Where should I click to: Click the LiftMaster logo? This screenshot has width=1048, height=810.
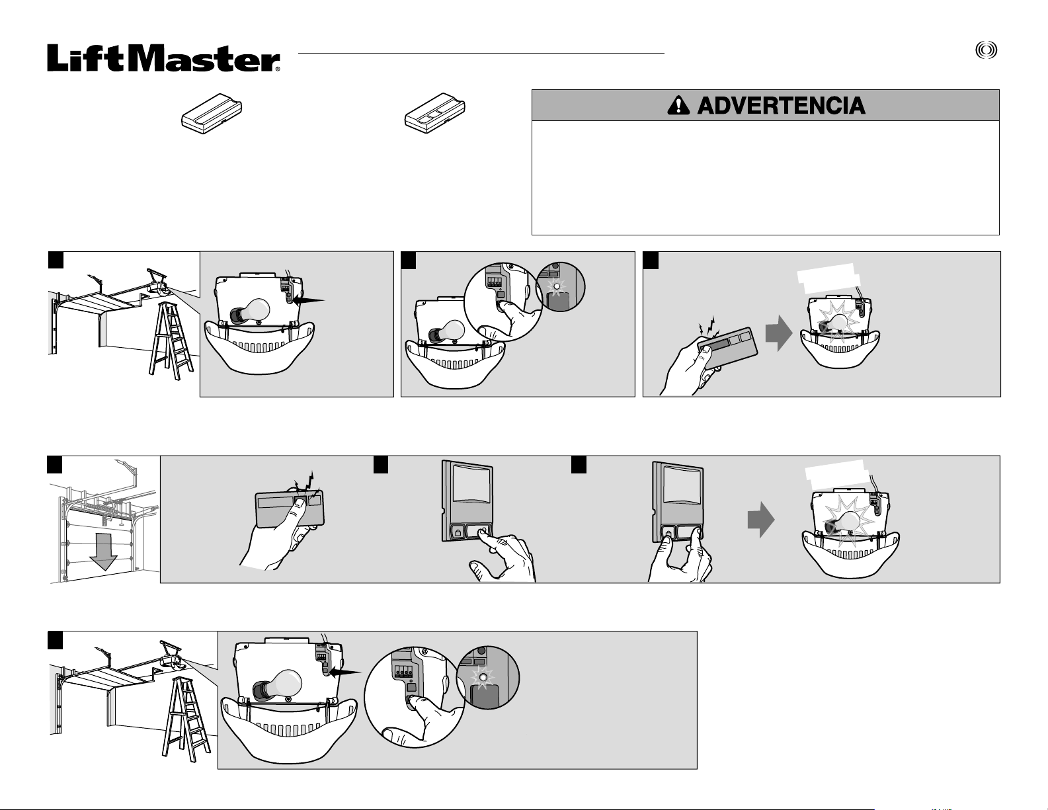(x=163, y=58)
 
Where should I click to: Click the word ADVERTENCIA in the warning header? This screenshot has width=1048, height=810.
(x=782, y=106)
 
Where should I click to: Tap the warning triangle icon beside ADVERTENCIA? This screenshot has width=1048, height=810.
(x=678, y=105)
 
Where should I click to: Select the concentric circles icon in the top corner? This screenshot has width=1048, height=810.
(x=987, y=51)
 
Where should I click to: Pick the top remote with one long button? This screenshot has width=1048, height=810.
(x=212, y=113)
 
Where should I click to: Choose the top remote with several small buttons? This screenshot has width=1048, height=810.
(x=434, y=114)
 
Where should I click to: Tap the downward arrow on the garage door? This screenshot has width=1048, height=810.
(x=103, y=551)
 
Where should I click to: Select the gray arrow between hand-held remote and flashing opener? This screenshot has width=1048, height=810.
(x=779, y=333)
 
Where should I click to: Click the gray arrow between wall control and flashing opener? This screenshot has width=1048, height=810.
(x=761, y=520)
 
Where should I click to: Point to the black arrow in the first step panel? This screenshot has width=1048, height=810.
(x=309, y=300)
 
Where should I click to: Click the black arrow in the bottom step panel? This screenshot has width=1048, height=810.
(x=345, y=672)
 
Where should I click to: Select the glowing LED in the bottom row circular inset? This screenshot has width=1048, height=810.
(x=482, y=677)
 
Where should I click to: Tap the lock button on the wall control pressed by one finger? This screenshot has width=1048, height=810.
(x=456, y=533)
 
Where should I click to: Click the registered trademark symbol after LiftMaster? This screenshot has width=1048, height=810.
(x=277, y=69)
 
